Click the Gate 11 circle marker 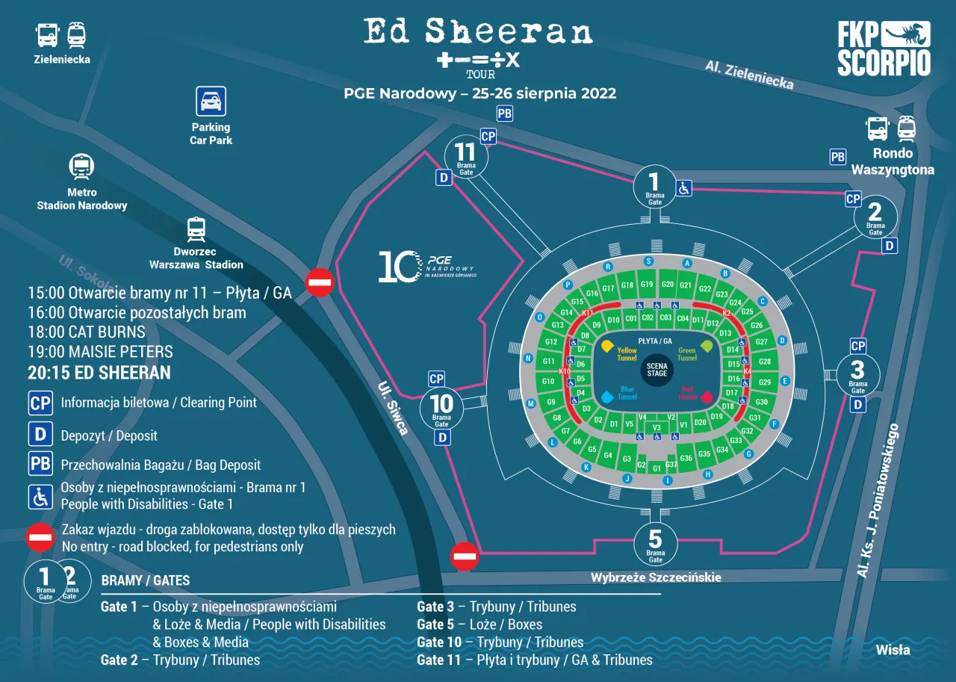[465, 157]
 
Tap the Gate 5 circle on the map [655, 543]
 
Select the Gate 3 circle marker [857, 374]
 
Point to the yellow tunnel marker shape [607, 346]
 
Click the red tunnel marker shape [707, 397]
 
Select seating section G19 [647, 285]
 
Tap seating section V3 [657, 427]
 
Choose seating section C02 [648, 318]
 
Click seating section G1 [657, 468]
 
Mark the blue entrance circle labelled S [648, 261]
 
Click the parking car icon [211, 102]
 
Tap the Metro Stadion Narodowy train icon [81, 167]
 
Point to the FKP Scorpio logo [884, 49]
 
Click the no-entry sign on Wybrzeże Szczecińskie [465, 556]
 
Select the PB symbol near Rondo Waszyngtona [838, 157]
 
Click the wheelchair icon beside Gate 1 [683, 188]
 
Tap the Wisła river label [893, 650]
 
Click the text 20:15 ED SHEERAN [99, 373]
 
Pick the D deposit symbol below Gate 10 [443, 437]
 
